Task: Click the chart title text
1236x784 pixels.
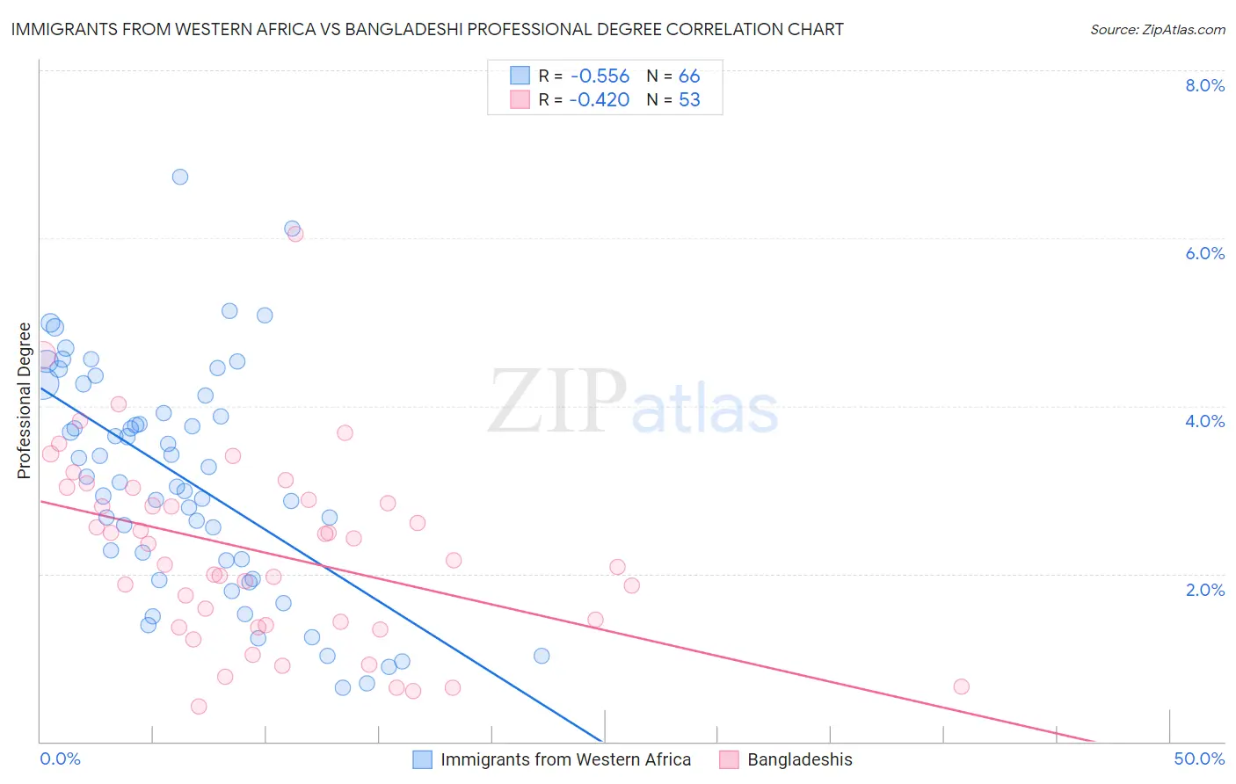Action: tap(427, 29)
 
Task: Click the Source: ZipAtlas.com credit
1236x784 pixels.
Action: tap(1157, 29)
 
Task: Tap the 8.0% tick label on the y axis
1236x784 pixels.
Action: tap(1204, 85)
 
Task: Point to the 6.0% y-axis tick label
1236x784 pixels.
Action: tap(1204, 253)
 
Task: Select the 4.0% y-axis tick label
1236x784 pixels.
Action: tap(1204, 421)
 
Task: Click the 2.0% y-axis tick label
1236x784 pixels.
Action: tap(1204, 590)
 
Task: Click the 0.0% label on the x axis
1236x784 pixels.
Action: tap(60, 759)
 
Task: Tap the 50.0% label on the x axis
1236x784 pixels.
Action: tap(1199, 759)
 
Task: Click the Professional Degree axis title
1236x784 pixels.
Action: tap(24, 401)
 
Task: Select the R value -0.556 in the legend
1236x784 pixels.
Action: tap(599, 76)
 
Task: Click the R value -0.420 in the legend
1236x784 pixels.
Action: tap(599, 100)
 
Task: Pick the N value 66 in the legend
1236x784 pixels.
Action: tap(689, 76)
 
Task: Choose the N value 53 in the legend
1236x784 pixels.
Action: tap(689, 100)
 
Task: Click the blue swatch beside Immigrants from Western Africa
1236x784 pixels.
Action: tap(423, 759)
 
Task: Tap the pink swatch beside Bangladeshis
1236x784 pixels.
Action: tap(729, 759)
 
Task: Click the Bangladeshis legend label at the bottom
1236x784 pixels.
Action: tap(799, 759)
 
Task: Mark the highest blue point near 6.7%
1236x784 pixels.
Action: tap(180, 177)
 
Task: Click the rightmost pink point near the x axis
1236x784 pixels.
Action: tap(961, 686)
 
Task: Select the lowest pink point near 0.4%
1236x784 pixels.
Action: tap(199, 707)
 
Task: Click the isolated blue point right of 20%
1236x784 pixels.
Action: tap(542, 656)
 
